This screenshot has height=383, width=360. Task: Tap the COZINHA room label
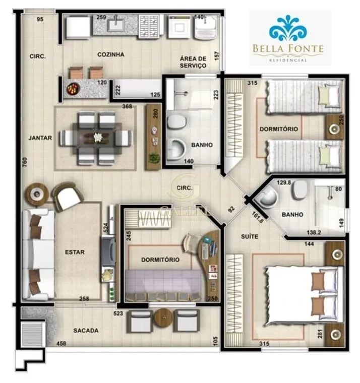point(111,54)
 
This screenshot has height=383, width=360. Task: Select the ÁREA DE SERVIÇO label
point(193,62)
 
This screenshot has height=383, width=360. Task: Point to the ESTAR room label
point(75,252)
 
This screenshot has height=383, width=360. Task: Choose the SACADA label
point(86,331)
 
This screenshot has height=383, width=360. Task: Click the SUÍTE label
point(249,236)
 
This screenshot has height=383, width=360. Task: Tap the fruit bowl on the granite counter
point(73,89)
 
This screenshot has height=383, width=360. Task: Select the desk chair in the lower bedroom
point(191,242)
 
